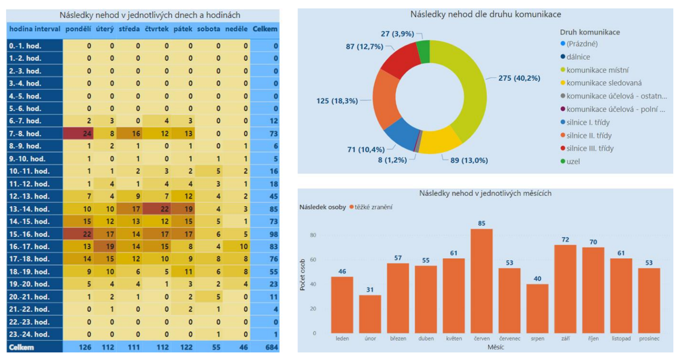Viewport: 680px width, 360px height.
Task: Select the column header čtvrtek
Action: [157, 29]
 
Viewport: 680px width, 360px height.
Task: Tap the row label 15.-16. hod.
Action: [29, 234]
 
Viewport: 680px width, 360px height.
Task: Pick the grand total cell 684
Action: [271, 347]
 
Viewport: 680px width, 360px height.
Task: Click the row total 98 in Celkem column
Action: [273, 234]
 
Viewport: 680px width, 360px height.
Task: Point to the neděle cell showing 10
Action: [243, 246]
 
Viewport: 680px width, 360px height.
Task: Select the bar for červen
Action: [481, 280]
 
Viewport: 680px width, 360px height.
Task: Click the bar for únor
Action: [370, 314]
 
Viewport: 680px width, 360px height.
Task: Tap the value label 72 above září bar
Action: [565, 240]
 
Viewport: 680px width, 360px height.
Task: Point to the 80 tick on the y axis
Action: [313, 235]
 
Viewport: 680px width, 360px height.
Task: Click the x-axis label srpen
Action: [537, 338]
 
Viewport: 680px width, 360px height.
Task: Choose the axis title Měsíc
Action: [496, 347]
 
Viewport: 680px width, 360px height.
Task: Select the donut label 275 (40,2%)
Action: [519, 78]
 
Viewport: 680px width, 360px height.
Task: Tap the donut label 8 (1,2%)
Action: [392, 160]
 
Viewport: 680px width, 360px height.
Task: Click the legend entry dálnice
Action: [578, 57]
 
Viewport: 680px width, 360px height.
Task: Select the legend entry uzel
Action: [573, 161]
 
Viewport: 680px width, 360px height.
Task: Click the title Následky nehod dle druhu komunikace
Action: [485, 14]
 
